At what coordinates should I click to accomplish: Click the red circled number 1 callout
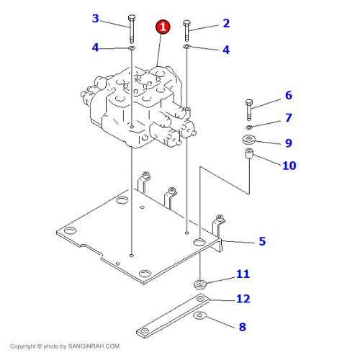163,27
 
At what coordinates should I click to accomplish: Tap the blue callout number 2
226,23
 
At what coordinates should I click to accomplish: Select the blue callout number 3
96,18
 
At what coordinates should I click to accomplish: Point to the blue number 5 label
262,241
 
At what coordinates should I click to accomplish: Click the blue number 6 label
289,95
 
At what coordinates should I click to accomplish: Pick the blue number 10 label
289,166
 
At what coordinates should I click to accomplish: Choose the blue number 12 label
243,299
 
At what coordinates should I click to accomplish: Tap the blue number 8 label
243,327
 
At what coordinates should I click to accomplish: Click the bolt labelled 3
132,29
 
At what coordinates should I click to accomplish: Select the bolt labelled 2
186,31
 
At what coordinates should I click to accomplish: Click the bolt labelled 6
249,110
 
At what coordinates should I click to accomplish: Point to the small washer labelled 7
249,127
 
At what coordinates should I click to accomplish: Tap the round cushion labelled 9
249,140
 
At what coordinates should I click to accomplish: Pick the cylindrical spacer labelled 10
249,153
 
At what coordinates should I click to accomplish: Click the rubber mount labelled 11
200,284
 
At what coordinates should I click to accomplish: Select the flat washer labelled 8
199,315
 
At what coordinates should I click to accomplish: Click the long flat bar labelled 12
173,315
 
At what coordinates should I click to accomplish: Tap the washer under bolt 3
132,48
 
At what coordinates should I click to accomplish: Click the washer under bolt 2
186,46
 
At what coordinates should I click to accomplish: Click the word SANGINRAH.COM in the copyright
94,346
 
